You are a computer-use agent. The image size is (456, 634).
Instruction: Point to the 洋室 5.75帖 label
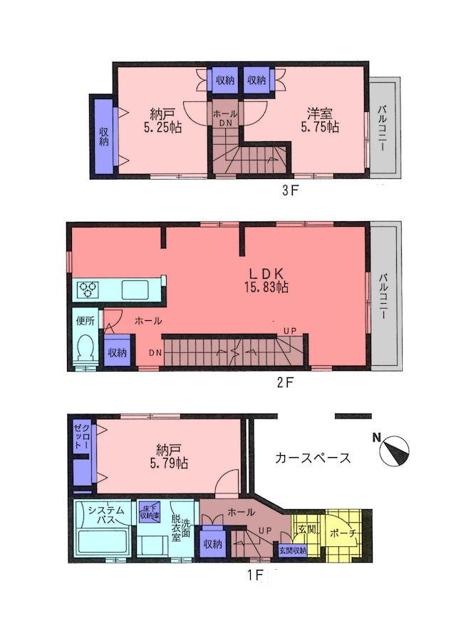pos(322,120)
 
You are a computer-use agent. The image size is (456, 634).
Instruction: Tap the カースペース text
pos(313,458)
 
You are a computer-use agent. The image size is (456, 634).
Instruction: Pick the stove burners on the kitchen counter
pos(89,290)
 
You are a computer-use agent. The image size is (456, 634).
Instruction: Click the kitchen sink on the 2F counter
pos(135,290)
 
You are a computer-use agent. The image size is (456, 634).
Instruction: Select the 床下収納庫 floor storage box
pos(149,511)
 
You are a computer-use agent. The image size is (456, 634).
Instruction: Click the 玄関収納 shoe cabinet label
pos(292,550)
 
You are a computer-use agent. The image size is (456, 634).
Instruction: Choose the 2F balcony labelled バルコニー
pos(384,296)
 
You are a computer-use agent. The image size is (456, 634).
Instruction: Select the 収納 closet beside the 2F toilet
pos(118,353)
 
